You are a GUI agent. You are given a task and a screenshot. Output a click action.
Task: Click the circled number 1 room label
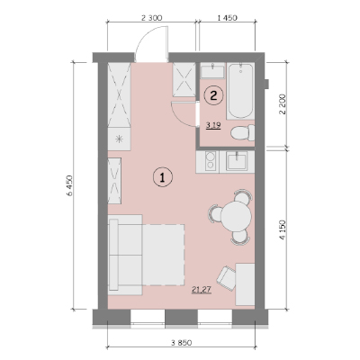163,177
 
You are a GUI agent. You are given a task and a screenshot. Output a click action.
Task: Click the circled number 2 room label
213,95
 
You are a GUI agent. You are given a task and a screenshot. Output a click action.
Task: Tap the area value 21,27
202,290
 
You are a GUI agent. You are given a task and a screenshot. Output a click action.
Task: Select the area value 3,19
213,125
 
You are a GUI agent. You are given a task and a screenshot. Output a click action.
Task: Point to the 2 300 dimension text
151,18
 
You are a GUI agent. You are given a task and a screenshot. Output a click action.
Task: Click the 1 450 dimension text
227,18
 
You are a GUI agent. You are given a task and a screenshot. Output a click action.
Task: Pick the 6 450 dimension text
69,185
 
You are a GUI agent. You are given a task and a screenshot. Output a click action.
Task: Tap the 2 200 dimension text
283,104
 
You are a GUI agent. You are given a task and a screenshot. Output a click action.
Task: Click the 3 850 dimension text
182,343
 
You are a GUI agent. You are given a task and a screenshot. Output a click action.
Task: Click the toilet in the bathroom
242,132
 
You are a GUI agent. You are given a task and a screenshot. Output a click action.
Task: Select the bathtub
240,91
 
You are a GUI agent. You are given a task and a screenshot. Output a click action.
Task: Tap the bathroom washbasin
212,71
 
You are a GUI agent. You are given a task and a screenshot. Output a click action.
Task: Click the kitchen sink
237,161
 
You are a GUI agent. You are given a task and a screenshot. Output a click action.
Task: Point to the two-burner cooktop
208,161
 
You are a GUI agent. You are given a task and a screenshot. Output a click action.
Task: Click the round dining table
237,216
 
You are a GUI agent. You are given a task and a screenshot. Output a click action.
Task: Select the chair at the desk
227,278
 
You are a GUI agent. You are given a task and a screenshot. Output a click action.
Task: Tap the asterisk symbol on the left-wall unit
120,139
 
